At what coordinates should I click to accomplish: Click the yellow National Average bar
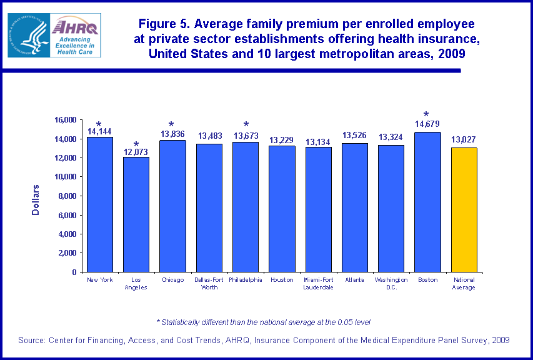464,210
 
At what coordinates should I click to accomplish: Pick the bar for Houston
282,209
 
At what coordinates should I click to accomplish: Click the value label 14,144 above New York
100,131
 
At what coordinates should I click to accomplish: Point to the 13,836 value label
172,134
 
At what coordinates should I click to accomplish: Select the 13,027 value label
464,139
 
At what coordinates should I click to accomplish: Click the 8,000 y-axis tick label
66,196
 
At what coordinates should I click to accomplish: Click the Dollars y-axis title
36,200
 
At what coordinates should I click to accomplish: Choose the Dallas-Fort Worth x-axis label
209,284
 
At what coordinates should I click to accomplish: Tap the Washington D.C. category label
391,284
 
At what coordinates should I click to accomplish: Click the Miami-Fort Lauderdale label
319,284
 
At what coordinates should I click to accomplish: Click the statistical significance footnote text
263,322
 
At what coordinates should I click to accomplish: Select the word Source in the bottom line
34,340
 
